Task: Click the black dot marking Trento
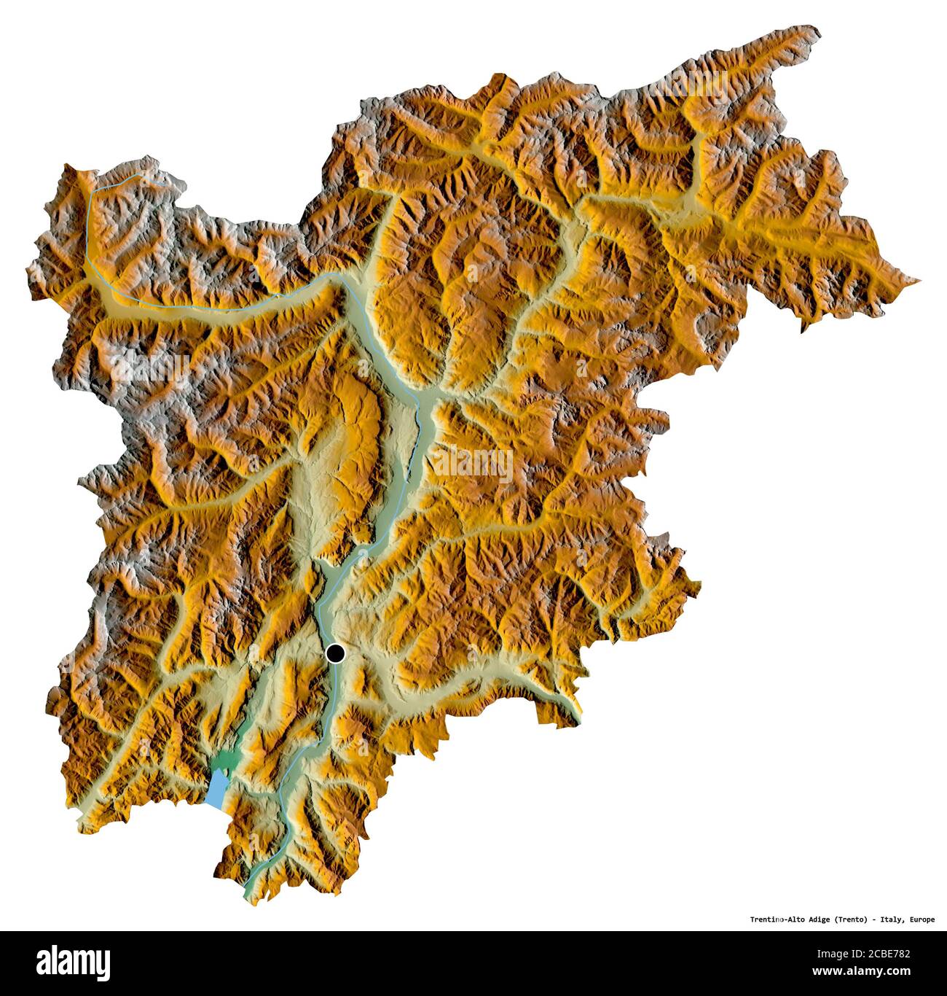(x=335, y=653)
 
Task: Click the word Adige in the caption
(x=818, y=919)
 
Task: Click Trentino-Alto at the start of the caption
(x=777, y=919)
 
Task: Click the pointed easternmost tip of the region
(x=919, y=280)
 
